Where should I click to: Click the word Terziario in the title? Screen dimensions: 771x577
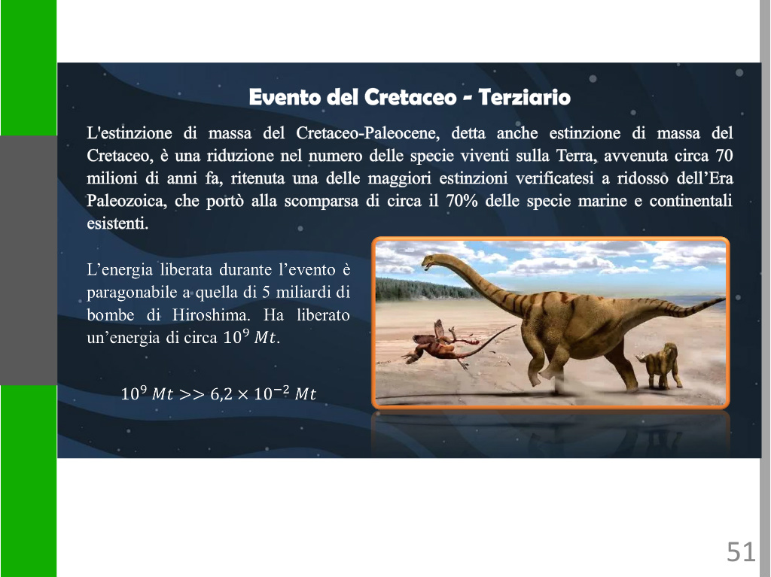(524, 97)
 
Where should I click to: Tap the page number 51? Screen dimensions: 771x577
(741, 552)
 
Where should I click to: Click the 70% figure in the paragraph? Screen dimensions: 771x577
(462, 201)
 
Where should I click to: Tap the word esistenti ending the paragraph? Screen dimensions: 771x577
(117, 224)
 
